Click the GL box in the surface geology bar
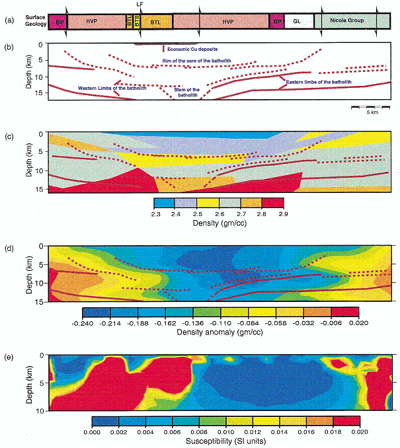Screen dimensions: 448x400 pyautogui.click(x=298, y=20)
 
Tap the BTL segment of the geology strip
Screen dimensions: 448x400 pyautogui.click(x=157, y=21)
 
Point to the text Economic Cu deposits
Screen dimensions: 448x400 pyautogui.click(x=192, y=50)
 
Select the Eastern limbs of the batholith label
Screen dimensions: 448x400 pyautogui.click(x=319, y=82)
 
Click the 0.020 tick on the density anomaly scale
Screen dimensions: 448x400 pyautogui.click(x=358, y=324)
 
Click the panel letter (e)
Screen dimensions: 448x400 pyautogui.click(x=10, y=357)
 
